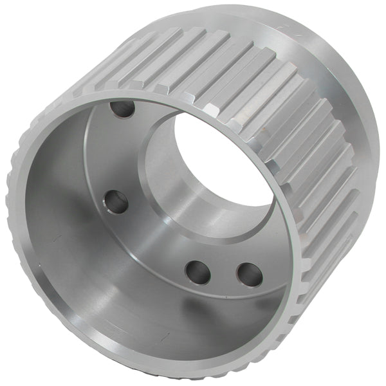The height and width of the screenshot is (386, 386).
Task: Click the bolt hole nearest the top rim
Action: (122, 109)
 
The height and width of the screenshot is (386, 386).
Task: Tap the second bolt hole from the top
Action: (116, 203)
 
